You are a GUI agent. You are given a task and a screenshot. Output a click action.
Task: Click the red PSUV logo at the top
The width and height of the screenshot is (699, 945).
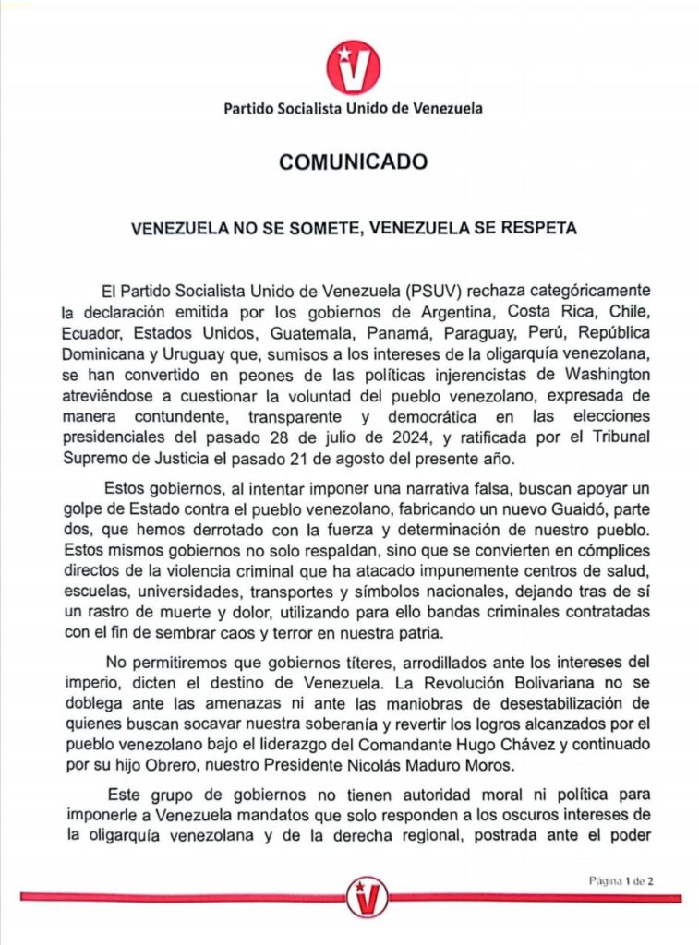(x=353, y=66)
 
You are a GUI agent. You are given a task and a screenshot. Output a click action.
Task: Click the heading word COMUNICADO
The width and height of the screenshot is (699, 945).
(x=354, y=162)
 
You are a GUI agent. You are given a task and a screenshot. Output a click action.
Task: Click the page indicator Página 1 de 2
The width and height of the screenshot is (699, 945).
(x=622, y=880)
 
